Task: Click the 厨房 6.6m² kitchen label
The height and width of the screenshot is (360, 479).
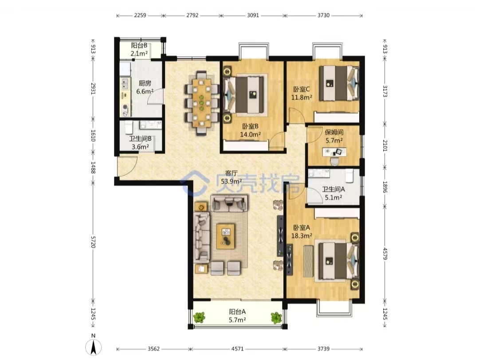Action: coord(145,87)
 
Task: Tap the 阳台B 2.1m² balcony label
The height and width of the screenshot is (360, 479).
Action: coord(139,50)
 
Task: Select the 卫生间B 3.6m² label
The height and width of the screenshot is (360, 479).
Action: coord(140,143)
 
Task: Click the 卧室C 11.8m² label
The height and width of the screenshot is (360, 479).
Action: coord(302,94)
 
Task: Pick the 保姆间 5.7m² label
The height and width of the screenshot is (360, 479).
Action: coord(334,136)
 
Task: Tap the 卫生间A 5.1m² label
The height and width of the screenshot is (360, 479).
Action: coord(333,193)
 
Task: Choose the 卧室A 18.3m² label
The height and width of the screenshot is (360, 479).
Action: coord(302,231)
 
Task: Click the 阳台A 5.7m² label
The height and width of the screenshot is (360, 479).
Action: coord(237,316)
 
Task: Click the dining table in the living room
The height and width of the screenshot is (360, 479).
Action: coord(202,103)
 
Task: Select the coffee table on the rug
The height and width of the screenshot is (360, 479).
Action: coord(225,236)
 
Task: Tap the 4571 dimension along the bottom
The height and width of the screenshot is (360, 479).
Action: coord(237,349)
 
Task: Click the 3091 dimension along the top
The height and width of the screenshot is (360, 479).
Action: coord(253,15)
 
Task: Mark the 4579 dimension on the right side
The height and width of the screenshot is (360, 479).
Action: coord(385,253)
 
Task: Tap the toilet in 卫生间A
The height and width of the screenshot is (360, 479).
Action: coord(349,176)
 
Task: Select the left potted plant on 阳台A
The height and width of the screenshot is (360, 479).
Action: coord(199,317)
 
